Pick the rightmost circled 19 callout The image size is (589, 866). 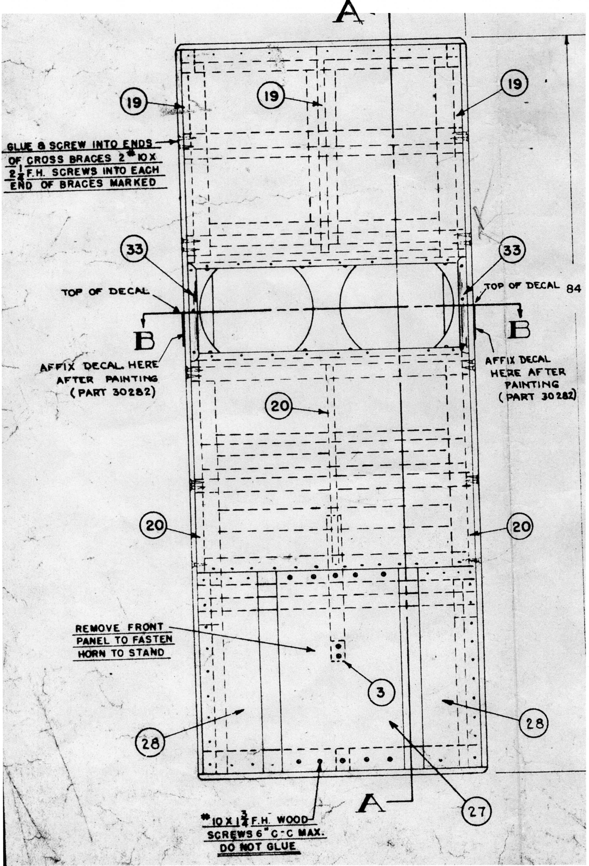(514, 84)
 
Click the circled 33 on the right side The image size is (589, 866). (512, 250)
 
